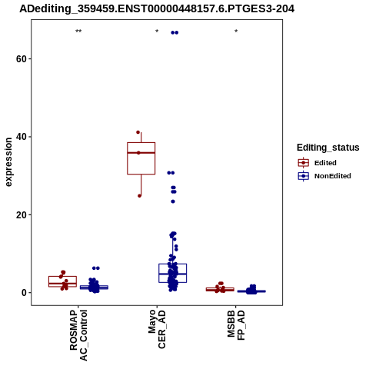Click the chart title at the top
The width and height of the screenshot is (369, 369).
pos(157,8)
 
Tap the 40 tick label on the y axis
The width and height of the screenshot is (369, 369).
pos(22,137)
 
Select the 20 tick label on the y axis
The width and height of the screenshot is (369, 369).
pos(22,214)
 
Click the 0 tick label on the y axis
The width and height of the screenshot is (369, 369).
pos(24,293)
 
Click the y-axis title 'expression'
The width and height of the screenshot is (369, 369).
pos(8,162)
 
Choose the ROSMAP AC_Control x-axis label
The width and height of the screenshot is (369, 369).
pos(78,335)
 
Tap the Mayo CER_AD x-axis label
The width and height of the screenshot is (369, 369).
pos(157,329)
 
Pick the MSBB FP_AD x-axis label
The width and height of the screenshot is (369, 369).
pos(236,325)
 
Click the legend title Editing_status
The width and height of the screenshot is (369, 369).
pos(328,148)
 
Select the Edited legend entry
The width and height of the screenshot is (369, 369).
pos(317,163)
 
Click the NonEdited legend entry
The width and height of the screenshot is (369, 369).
pos(324,176)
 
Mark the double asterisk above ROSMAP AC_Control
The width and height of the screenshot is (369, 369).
pos(78,32)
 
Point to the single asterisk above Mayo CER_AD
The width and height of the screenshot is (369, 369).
pos(157,32)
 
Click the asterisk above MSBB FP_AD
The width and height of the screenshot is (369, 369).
pos(236,32)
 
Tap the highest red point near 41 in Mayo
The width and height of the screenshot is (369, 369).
pos(138,132)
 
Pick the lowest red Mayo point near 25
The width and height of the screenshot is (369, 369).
pos(139,196)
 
